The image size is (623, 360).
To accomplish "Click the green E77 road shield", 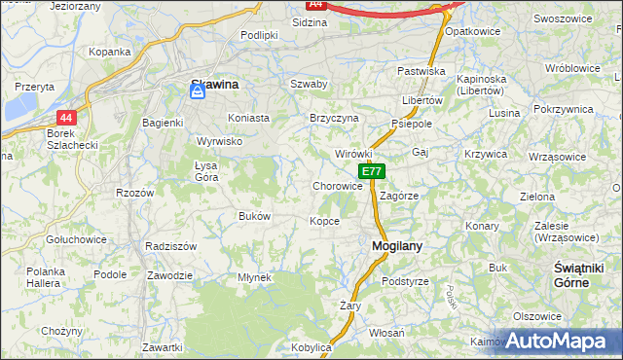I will coord(372,171).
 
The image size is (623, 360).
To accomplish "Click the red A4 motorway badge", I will coord(315,5).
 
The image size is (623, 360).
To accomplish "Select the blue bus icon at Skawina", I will coord(197,90).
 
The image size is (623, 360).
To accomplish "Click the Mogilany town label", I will coord(397,246).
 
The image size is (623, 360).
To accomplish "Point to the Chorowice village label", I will coord(338,186).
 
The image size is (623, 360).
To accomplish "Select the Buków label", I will coord(254,215).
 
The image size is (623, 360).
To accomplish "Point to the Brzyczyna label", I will coord(334,118).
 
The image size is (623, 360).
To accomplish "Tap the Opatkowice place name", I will coord(472,31).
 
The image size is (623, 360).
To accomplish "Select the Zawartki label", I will coord(162,347).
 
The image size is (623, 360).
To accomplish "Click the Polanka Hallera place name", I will coord(45,276).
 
